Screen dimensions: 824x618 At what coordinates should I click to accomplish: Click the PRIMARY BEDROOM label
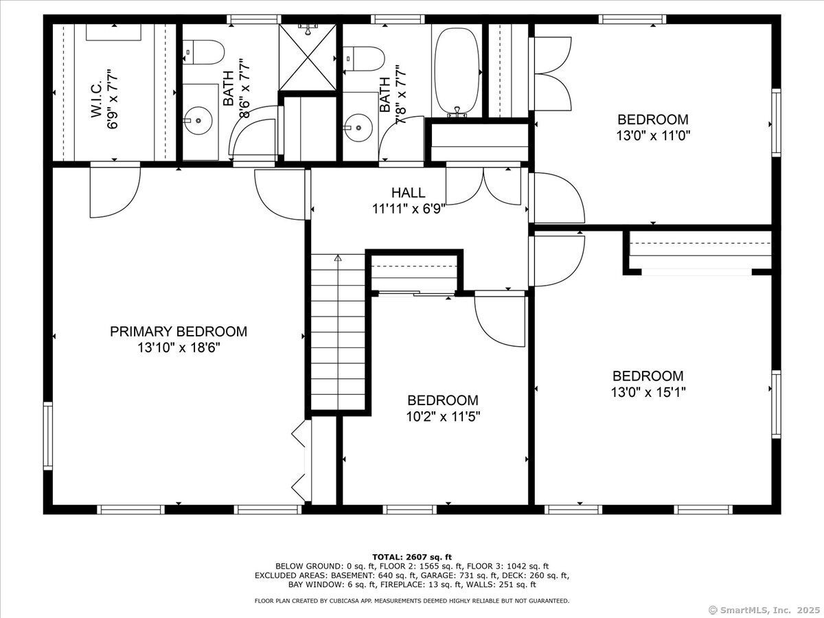coord(179,332)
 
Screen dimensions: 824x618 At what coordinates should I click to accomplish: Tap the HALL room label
coord(409,192)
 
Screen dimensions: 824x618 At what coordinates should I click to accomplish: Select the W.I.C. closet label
coord(97,98)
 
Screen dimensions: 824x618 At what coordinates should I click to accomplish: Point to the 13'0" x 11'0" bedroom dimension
coord(653,135)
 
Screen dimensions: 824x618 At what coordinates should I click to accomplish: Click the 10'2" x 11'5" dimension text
coord(443,417)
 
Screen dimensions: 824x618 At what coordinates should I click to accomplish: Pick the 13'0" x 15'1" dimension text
coord(648,392)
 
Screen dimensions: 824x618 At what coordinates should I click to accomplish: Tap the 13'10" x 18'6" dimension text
coord(179,348)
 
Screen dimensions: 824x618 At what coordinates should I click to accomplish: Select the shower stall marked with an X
coord(308,58)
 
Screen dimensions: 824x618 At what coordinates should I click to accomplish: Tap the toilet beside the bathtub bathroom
coord(364,59)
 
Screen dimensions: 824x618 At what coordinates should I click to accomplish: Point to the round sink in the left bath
coord(198,120)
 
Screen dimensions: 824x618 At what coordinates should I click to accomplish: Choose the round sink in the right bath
coord(358,128)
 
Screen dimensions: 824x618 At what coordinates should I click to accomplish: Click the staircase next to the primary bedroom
coord(338,332)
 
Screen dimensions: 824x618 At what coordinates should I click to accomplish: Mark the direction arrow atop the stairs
coord(338,257)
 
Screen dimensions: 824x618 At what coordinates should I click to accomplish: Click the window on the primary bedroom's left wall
coord(48,435)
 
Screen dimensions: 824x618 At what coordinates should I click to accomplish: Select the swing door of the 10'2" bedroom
coord(500,319)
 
